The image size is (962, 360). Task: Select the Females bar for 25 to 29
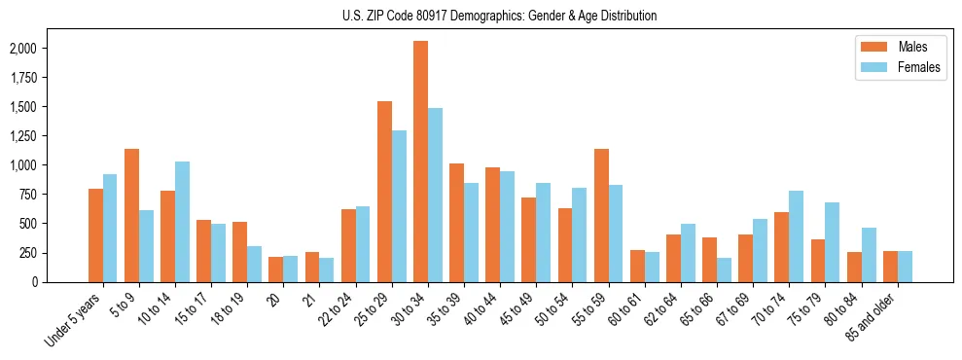coord(399,206)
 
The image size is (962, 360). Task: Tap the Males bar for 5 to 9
coord(131,215)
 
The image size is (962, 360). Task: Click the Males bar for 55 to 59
coord(601,215)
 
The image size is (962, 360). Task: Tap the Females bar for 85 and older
coord(905,267)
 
